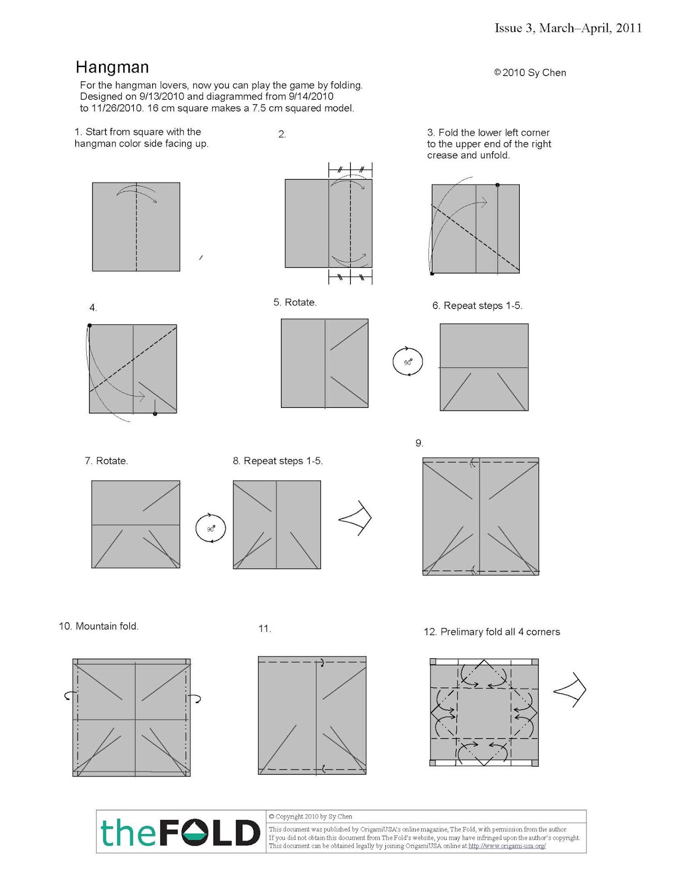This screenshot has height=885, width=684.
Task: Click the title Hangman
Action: [112, 67]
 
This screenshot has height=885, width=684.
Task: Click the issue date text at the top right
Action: [568, 28]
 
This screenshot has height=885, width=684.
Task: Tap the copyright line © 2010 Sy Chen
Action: [530, 72]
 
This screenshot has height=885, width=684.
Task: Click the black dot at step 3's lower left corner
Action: [432, 273]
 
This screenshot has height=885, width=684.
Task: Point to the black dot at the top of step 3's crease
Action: [498, 185]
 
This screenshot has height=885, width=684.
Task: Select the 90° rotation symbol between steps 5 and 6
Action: [408, 362]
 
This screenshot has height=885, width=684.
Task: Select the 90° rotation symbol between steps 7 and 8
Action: [211, 528]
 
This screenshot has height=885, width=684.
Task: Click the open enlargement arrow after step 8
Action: [356, 518]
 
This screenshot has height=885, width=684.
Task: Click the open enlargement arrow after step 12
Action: [570, 690]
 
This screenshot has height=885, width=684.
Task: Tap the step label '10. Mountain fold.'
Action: [98, 626]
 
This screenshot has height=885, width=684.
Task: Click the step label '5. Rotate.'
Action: [295, 303]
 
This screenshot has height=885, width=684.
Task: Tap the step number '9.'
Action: [419, 443]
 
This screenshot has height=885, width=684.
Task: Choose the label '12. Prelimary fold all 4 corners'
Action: [492, 632]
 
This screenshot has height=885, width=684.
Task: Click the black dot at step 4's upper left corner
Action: [90, 326]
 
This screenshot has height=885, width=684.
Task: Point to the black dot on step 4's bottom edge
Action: [155, 414]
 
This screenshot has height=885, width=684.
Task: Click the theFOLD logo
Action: [180, 832]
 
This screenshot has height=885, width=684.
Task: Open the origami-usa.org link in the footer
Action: [507, 846]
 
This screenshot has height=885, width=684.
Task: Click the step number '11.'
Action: [264, 629]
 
